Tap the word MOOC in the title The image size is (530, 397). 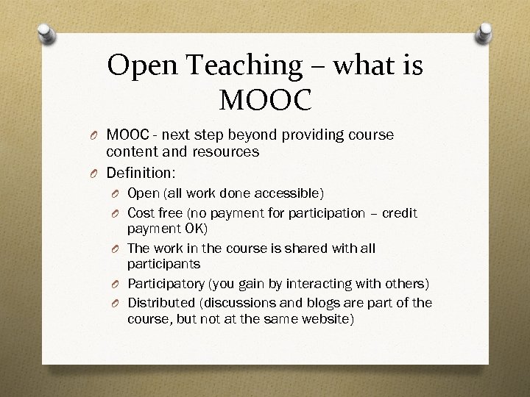click(265, 99)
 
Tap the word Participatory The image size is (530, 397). click(166, 284)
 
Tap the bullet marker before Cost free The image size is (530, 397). click(116, 214)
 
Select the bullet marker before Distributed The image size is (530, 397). click(116, 304)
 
